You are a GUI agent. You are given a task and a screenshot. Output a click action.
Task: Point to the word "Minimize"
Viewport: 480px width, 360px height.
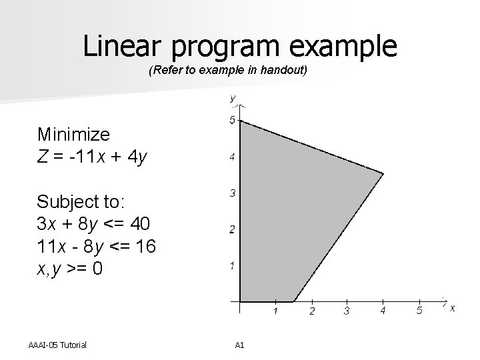(x=73, y=135)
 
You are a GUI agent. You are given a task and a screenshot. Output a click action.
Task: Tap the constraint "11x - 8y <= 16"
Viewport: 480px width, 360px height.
(x=97, y=247)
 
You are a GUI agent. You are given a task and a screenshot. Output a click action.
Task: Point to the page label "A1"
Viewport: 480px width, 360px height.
(x=240, y=345)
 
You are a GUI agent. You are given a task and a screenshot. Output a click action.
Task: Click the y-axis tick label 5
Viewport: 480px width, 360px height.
(x=232, y=121)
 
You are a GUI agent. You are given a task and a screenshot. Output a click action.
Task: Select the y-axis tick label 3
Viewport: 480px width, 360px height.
(x=232, y=193)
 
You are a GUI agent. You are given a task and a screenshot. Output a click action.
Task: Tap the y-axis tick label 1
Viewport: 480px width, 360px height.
(x=232, y=266)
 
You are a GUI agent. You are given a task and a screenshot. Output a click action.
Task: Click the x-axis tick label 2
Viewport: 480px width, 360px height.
(x=311, y=311)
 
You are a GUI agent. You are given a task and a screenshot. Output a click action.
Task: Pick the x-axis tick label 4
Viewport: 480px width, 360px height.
(x=383, y=310)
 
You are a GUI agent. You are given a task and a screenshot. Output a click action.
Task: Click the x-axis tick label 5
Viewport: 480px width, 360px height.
(x=419, y=310)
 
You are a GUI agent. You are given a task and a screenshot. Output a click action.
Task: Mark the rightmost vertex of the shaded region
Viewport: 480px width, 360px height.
(x=383, y=173)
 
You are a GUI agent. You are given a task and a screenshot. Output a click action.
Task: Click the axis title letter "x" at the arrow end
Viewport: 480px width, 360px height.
(x=453, y=307)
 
